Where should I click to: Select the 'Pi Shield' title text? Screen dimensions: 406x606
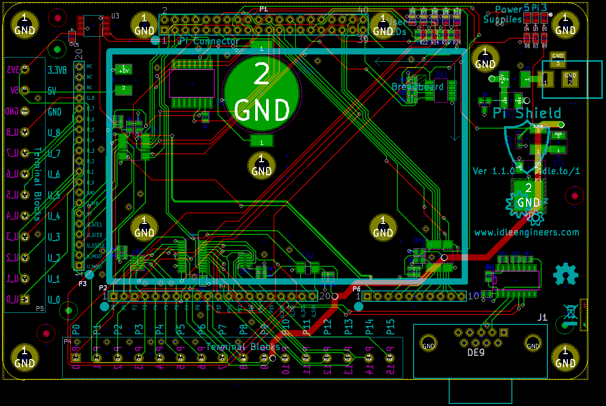(527, 113)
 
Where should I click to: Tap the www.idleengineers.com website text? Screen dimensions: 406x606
(527, 232)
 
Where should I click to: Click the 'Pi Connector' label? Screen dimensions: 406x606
(209, 41)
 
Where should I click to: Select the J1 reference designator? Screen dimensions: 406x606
(542, 317)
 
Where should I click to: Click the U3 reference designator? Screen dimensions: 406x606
(115, 16)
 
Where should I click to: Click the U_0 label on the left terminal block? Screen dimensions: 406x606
(53, 300)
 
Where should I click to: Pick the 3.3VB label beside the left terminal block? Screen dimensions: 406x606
(57, 70)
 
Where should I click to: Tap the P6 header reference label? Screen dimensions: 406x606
(357, 288)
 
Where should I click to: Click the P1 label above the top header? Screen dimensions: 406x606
(264, 9)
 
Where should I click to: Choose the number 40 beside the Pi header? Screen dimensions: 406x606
(363, 9)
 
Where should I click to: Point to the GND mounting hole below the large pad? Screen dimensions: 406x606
(261, 165)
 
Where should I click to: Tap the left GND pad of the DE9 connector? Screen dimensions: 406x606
(428, 346)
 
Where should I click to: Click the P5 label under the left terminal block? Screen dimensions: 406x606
(40, 309)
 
